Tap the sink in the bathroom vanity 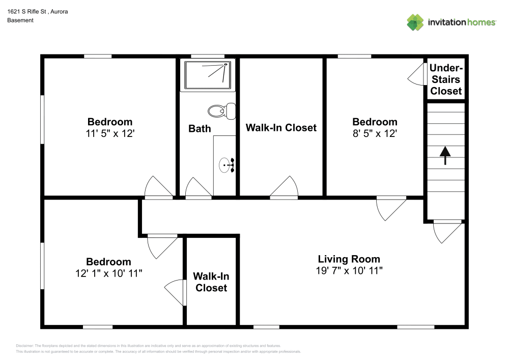tap(225, 165)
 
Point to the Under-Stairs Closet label tap(446, 79)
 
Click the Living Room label tap(349, 259)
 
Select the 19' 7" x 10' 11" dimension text tap(349, 271)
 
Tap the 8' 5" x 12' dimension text tap(375, 134)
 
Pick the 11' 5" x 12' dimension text tap(109, 134)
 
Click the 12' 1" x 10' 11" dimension tap(108, 273)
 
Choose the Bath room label tap(200, 128)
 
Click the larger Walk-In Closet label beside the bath tap(281, 128)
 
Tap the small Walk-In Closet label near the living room tap(211, 282)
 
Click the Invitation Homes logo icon tap(415, 22)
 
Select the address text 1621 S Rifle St tap(28, 11)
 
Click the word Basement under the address tap(20, 20)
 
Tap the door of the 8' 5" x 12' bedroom tap(390, 207)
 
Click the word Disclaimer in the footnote tap(25, 346)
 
